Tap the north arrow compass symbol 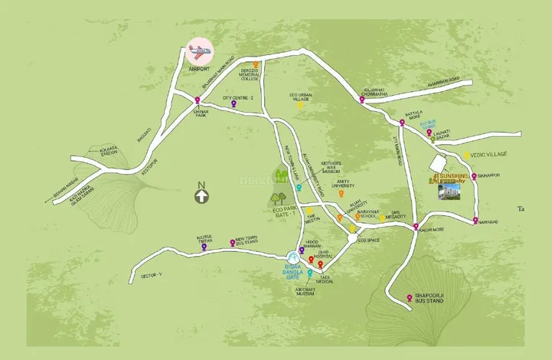click(201, 196)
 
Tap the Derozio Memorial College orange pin click(256, 65)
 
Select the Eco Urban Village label click(299, 97)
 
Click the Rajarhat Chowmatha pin click(362, 98)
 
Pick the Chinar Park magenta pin click(198, 101)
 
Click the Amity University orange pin click(341, 194)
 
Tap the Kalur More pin click(416, 227)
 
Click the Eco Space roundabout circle click(351, 240)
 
